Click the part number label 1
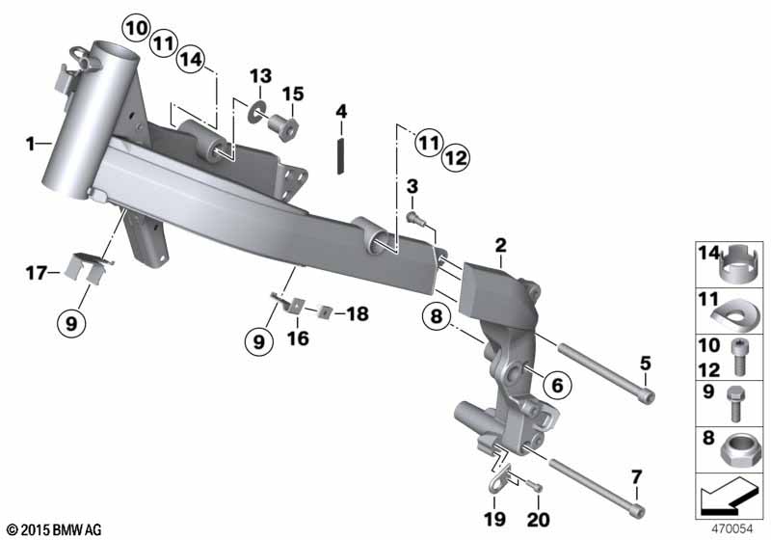tap(31, 144)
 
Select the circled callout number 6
tap(557, 385)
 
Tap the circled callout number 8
tap(437, 315)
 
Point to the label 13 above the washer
tap(260, 76)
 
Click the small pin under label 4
tap(340, 155)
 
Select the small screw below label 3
tap(414, 217)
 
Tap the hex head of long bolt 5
tap(647, 396)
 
